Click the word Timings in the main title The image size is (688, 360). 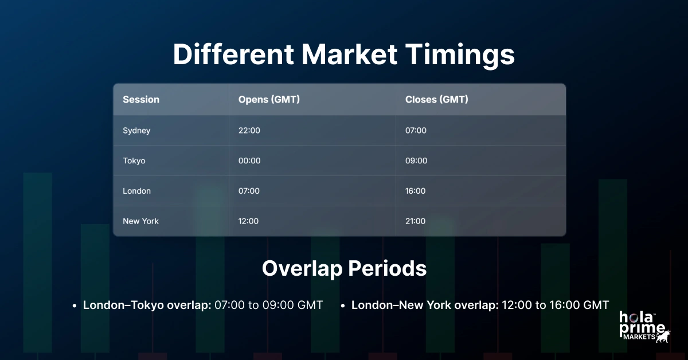456,55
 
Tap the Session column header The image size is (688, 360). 141,99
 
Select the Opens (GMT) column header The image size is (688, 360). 269,99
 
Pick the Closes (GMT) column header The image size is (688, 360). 436,99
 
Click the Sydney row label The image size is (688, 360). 136,131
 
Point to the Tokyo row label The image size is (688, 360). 134,161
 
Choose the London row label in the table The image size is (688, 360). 136,191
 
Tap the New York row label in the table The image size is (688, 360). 140,221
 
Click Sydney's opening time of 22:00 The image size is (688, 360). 249,131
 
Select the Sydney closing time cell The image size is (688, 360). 416,131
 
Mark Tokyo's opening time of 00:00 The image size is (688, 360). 249,161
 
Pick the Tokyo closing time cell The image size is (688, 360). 416,161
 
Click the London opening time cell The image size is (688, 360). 249,191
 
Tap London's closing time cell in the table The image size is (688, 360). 415,191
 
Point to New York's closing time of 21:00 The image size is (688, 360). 415,221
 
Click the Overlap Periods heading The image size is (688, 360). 344,269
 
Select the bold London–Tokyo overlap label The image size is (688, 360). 147,305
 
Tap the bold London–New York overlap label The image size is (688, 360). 425,305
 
